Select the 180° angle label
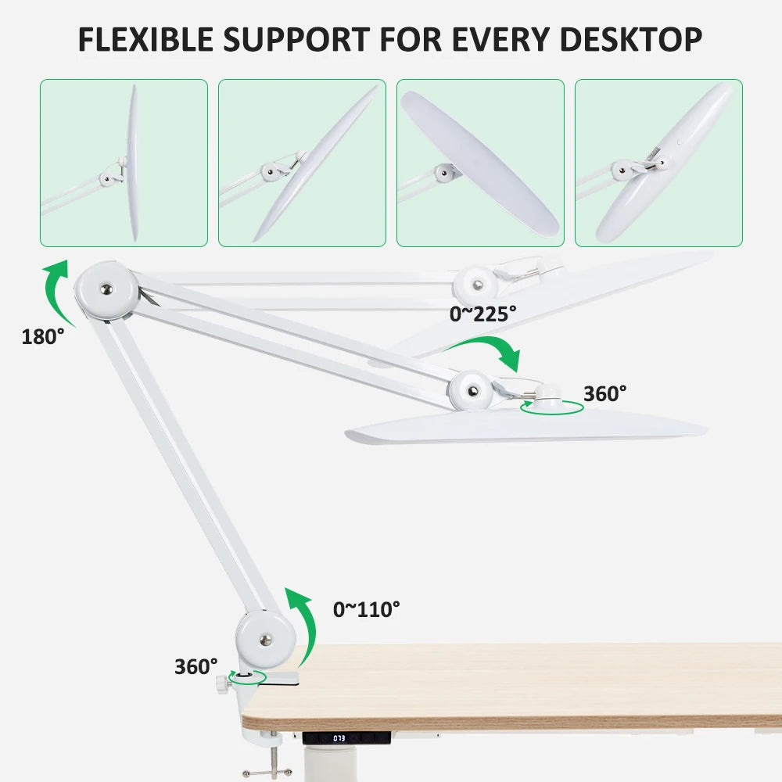click(x=43, y=337)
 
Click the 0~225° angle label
click(x=482, y=314)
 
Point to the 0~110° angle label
click(x=366, y=608)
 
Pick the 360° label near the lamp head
click(x=604, y=394)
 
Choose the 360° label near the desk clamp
click(x=195, y=666)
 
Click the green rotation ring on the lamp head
click(x=552, y=407)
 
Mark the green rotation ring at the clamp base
click(x=246, y=677)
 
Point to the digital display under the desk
click(x=339, y=737)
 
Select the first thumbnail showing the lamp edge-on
click(x=124, y=163)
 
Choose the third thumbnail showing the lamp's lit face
click(x=480, y=163)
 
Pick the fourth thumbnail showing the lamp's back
click(x=658, y=163)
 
